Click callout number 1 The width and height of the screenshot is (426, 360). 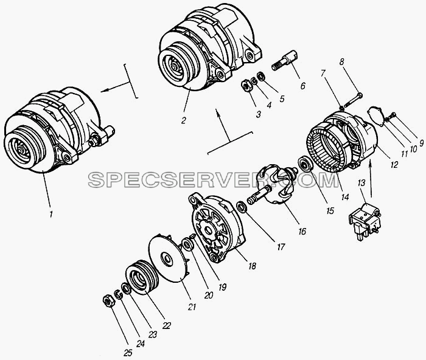(x=51, y=214)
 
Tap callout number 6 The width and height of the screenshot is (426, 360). (x=302, y=86)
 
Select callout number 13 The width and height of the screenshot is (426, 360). (x=361, y=183)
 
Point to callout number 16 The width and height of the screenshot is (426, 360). (x=302, y=231)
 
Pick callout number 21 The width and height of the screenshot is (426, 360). (x=192, y=306)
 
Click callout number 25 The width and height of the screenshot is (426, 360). (x=127, y=353)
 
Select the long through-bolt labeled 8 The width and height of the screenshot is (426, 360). (x=353, y=100)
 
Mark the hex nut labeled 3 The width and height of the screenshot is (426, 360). (x=246, y=86)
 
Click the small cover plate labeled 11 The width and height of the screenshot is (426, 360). (x=375, y=116)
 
